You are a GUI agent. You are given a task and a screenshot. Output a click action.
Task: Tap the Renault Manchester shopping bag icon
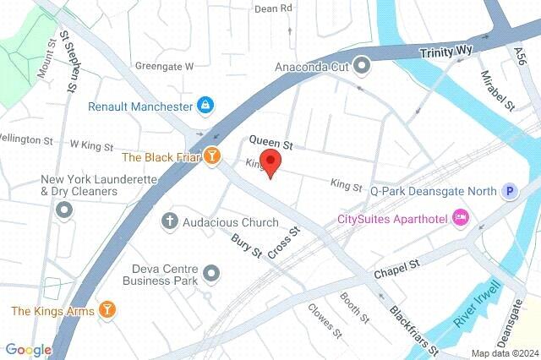coord(205,106)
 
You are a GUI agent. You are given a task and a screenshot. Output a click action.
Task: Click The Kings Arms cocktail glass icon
coord(107,310)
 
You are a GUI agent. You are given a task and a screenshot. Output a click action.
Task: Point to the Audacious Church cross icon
coord(169,222)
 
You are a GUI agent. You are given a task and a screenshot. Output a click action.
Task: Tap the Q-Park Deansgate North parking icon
coord(510,191)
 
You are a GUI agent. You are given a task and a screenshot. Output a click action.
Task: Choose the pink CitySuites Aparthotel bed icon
coord(461,218)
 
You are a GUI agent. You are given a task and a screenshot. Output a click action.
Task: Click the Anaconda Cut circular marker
coord(362,65)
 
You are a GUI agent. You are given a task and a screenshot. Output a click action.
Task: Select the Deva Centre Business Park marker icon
coord(211,273)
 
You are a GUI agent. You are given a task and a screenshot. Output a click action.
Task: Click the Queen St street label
coord(270,144)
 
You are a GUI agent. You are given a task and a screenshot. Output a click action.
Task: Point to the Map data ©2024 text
coord(504,353)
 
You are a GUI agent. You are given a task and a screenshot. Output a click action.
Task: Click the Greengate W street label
coord(164,65)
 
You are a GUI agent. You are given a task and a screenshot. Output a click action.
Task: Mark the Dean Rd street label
coord(272,8)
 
